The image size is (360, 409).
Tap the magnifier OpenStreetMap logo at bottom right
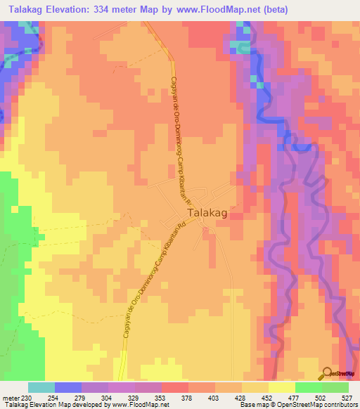point(328,373)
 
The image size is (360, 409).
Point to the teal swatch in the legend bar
point(41,387)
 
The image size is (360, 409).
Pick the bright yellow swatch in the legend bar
point(281,387)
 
